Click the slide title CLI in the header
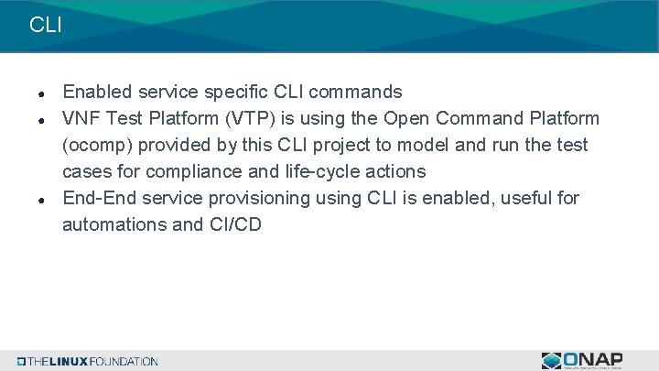pyautogui.click(x=46, y=25)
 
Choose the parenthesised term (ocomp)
pyautogui.click(x=99, y=146)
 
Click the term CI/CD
pyautogui.click(x=234, y=224)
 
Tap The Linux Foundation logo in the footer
pyautogui.click(x=88, y=361)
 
